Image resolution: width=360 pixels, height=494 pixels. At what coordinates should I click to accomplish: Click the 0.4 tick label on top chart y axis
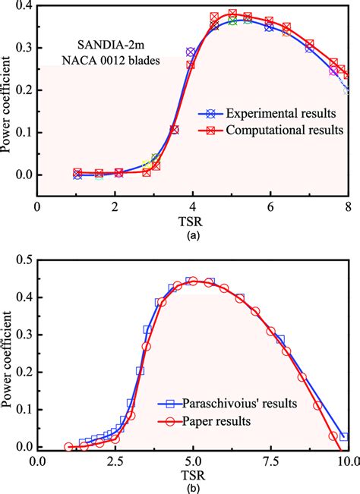(x=23, y=6)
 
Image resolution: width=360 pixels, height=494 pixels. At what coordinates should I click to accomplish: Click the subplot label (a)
(x=192, y=235)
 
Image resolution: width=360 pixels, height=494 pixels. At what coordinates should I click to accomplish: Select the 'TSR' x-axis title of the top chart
(x=192, y=221)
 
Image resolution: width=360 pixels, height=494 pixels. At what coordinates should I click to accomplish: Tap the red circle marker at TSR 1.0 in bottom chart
(x=68, y=447)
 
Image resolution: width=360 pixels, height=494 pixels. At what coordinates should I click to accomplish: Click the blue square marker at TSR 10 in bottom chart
(x=344, y=437)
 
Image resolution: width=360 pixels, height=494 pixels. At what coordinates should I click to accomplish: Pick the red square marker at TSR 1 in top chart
(x=77, y=173)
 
